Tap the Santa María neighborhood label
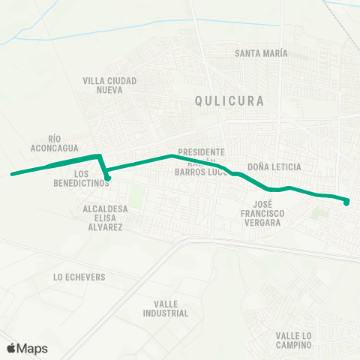click(260, 53)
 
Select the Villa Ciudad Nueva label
click(109, 85)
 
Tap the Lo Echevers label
click(79, 277)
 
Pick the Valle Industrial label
click(165, 308)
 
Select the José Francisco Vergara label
click(268, 213)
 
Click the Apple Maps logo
click(26, 348)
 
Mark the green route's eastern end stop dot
click(346, 201)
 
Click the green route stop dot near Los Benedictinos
click(108, 178)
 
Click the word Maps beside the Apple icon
click(32, 348)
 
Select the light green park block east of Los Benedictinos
click(135, 196)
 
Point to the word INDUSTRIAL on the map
click(165, 313)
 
